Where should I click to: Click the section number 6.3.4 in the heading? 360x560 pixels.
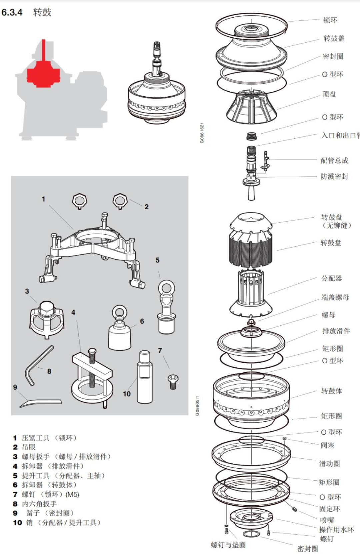12,12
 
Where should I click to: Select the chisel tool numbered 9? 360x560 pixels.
40,403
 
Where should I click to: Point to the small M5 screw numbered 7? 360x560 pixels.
173,381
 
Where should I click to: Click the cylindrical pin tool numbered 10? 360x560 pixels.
145,377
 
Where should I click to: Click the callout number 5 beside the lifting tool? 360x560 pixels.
157,260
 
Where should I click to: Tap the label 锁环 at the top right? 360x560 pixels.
330,20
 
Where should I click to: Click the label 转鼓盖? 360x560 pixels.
334,38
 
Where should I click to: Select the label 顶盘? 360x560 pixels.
329,94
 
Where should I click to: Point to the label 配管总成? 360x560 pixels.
334,161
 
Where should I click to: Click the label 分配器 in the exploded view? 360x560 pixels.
331,278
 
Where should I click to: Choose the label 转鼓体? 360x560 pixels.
331,391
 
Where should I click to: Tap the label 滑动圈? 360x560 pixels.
329,464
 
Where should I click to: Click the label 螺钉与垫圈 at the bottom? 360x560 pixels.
228,545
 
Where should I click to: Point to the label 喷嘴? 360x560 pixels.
327,520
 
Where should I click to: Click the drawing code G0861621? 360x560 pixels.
202,133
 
